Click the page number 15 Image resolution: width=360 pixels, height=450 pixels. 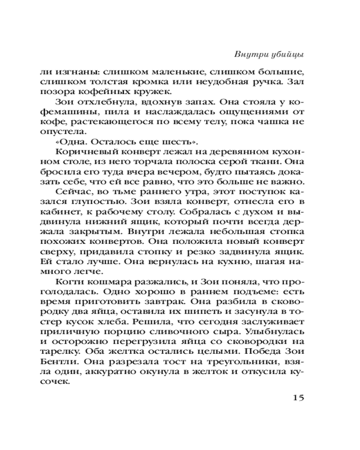click(x=299, y=397)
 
